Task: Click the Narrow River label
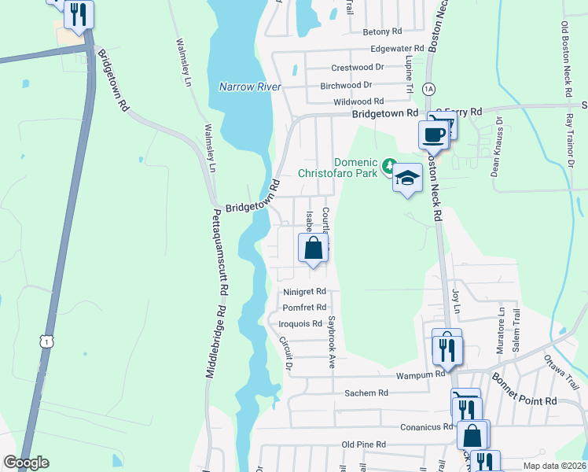[250, 87]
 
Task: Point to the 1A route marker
[428, 87]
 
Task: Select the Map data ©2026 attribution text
[553, 466]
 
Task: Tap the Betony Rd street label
[382, 32]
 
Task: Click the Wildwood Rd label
[358, 101]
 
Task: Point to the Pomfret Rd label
[303, 308]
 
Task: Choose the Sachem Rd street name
[366, 393]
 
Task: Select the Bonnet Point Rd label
[525, 390]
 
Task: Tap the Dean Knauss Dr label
[497, 146]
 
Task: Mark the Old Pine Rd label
[363, 444]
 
